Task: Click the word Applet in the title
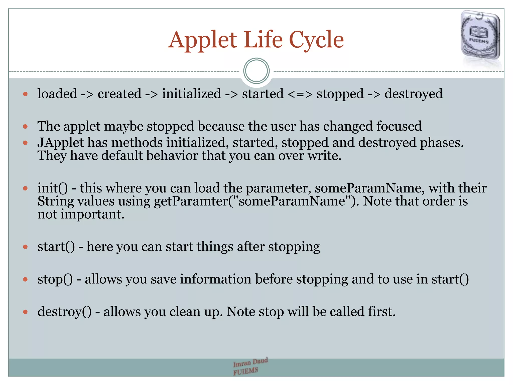pyautogui.click(x=202, y=40)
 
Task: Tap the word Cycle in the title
pyautogui.click(x=316, y=40)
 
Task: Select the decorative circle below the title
pyautogui.click(x=256, y=71)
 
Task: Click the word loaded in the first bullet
pyautogui.click(x=57, y=94)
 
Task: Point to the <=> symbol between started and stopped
pyautogui.click(x=300, y=94)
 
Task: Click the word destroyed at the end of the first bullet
pyautogui.click(x=413, y=94)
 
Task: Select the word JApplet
pyautogui.click(x=60, y=143)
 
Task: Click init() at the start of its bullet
pyautogui.click(x=53, y=188)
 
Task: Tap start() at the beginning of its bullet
pyautogui.click(x=56, y=247)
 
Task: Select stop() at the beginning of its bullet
pyautogui.click(x=55, y=279)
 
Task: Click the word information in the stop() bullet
pyautogui.click(x=215, y=279)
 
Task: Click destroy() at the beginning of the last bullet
pyautogui.click(x=64, y=312)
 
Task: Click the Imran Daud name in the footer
pyautogui.click(x=250, y=362)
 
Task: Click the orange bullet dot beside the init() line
pyautogui.click(x=25, y=188)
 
